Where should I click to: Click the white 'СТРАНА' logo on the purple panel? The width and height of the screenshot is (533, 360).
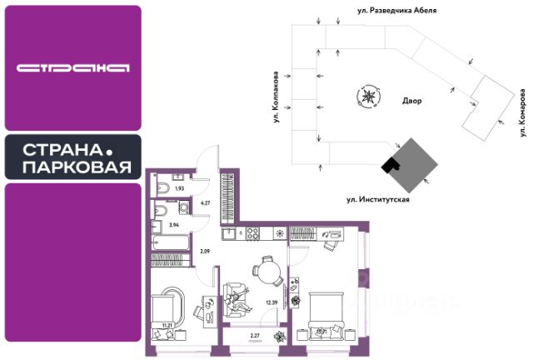[72, 67]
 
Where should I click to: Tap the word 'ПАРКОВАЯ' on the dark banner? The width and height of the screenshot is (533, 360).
[77, 167]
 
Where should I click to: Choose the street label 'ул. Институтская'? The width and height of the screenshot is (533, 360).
[379, 200]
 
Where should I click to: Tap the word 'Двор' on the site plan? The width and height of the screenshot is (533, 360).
[411, 101]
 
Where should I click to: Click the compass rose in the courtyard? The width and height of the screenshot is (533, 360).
[366, 97]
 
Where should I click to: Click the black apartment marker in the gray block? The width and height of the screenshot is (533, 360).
[389, 166]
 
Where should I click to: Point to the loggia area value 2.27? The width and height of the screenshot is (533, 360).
[256, 334]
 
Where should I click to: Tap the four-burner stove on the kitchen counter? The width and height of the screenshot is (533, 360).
[279, 234]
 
